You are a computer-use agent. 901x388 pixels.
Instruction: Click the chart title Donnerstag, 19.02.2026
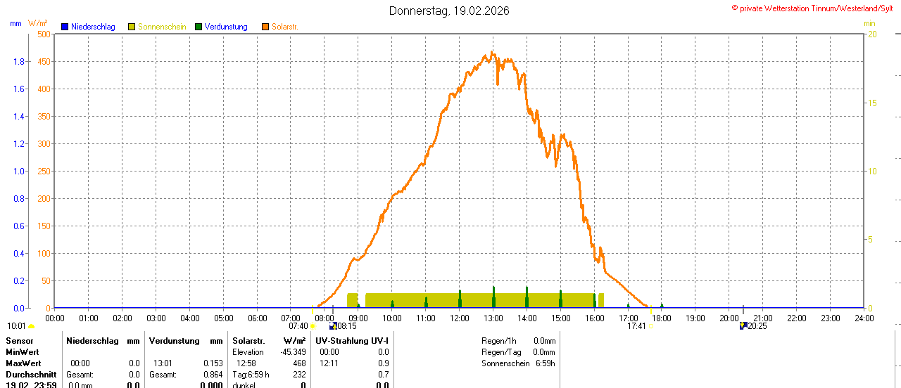[449, 11]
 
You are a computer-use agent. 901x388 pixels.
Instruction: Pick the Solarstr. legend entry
[284, 27]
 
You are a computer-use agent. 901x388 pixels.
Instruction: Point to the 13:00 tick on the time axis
[493, 318]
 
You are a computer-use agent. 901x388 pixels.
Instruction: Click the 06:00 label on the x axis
[258, 318]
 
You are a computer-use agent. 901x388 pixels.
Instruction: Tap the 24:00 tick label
[864, 318]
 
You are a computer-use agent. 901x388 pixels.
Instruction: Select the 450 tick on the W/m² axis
[44, 61]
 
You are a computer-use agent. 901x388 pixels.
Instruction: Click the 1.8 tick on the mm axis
[19, 61]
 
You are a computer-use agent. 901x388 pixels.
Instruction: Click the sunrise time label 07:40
[298, 326]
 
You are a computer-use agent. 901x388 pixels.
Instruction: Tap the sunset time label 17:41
[636, 326]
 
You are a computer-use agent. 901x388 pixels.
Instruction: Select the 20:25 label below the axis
[757, 326]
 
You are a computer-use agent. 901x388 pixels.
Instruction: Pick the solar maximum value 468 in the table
[299, 363]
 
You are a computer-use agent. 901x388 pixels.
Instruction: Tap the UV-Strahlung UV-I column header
[352, 341]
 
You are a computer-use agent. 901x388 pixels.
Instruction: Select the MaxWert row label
[23, 363]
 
